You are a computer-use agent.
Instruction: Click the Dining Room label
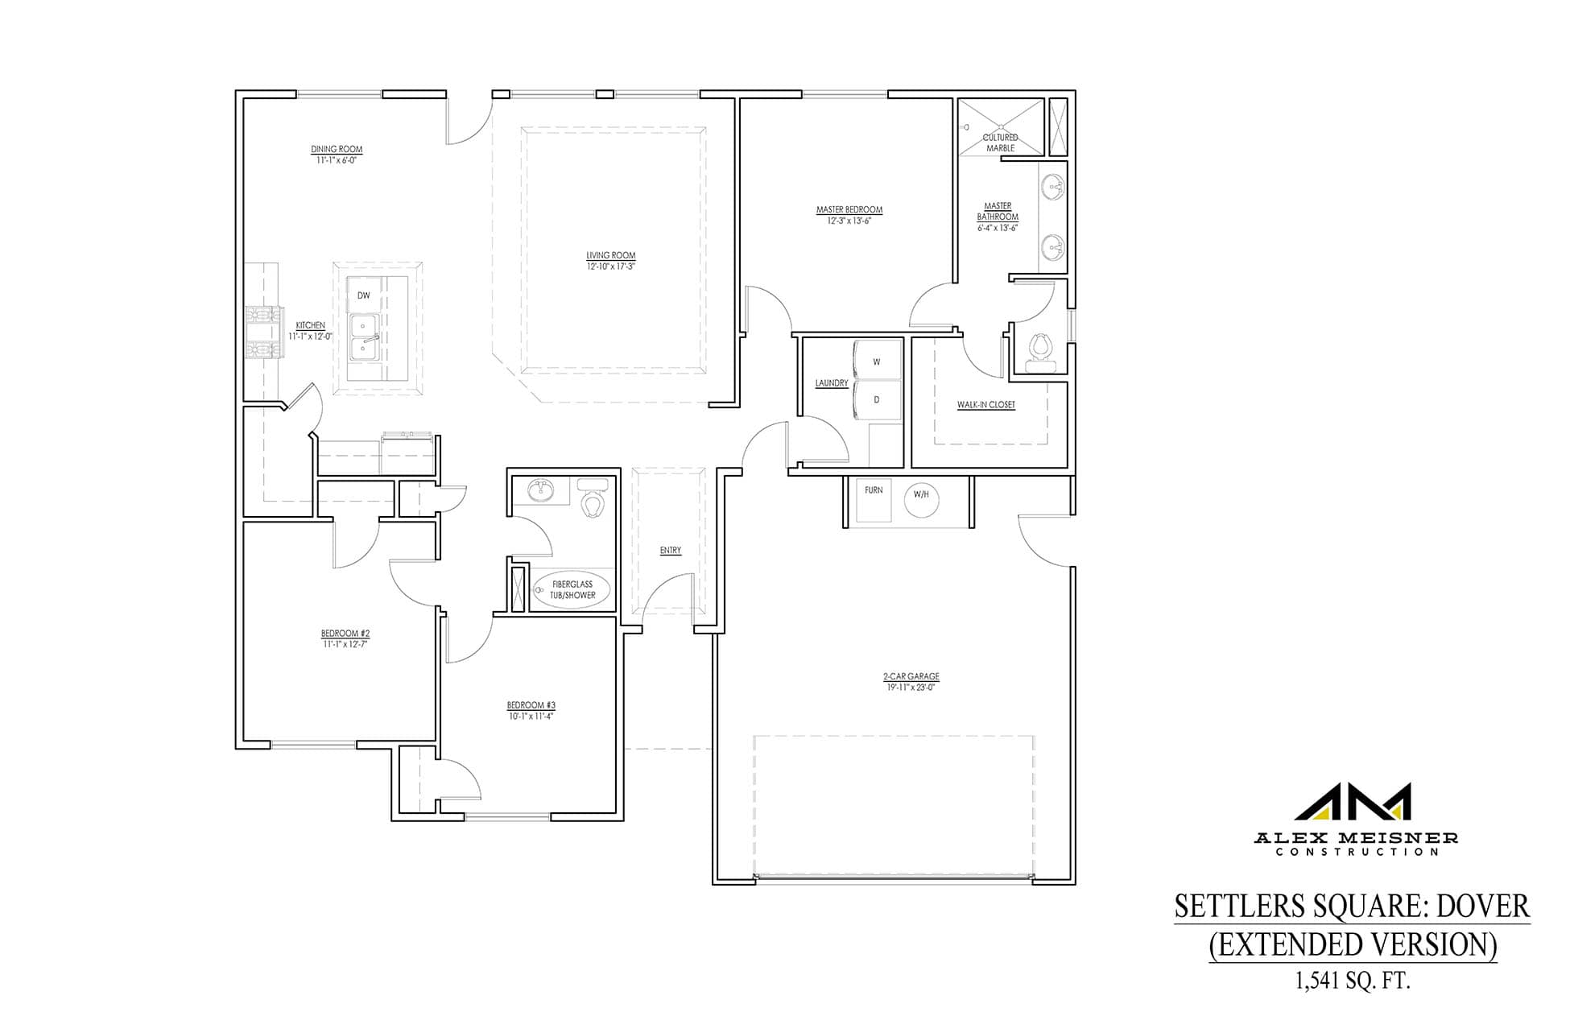tap(337, 149)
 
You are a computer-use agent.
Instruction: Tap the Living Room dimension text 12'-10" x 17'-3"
tap(611, 266)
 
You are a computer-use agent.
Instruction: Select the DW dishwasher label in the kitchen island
tap(364, 295)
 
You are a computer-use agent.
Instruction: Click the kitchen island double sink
tap(366, 338)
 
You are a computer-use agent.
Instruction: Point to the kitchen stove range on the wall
tap(261, 331)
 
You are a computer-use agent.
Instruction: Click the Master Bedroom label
tap(849, 210)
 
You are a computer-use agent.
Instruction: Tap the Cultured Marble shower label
tap(1001, 143)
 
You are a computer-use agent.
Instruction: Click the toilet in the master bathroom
tap(1040, 352)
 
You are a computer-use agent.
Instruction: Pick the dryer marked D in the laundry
tap(876, 399)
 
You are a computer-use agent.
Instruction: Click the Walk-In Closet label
tap(986, 405)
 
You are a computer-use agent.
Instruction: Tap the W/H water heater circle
tap(922, 495)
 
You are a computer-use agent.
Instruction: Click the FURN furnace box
tap(874, 500)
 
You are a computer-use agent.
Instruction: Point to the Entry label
tap(671, 551)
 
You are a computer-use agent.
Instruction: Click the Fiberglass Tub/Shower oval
tap(572, 590)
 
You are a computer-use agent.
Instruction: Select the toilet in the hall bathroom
tap(594, 499)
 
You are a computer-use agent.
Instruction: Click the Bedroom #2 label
tap(345, 634)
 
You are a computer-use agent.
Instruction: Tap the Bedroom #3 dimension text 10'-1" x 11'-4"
tap(531, 716)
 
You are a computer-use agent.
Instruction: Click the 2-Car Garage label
tap(911, 677)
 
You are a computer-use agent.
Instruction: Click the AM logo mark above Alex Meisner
tap(1353, 801)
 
